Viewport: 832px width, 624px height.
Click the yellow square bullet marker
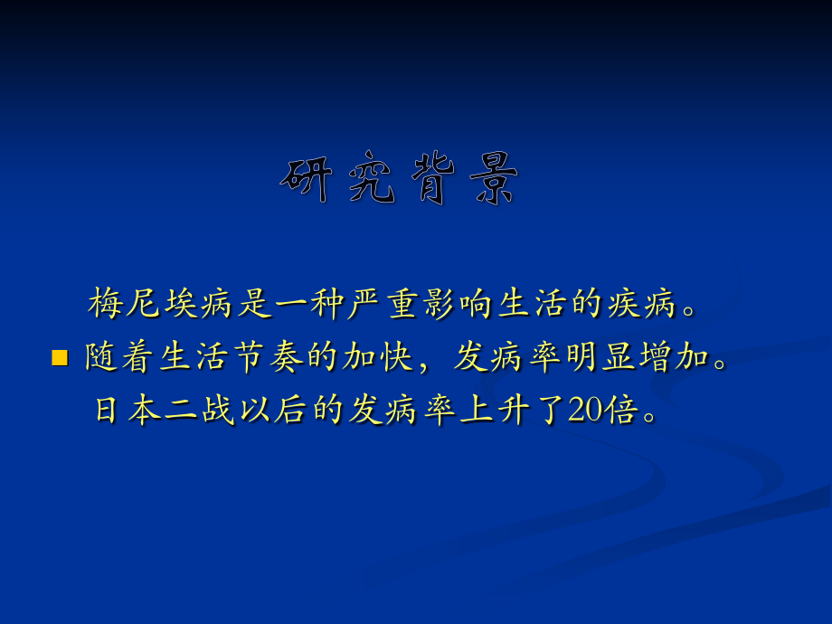[60, 357]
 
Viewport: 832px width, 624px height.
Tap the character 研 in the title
[307, 179]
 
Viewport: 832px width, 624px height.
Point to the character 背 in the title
[433, 178]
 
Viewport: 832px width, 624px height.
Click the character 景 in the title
[494, 179]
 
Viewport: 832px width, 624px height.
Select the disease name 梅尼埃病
[160, 304]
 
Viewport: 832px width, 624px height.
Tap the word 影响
[457, 304]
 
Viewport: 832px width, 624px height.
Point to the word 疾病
[641, 304]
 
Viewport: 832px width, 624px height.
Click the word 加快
[378, 356]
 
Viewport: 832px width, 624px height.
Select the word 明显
[600, 356]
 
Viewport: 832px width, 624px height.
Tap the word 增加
[674, 356]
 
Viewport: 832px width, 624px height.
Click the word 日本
[128, 410]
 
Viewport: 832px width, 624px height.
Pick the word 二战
[200, 410]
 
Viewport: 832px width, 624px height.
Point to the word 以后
[273, 410]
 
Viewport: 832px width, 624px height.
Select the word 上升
[495, 410]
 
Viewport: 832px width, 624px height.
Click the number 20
[585, 410]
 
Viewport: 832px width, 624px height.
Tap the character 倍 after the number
[620, 410]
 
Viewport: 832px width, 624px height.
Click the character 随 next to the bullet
[102, 356]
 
